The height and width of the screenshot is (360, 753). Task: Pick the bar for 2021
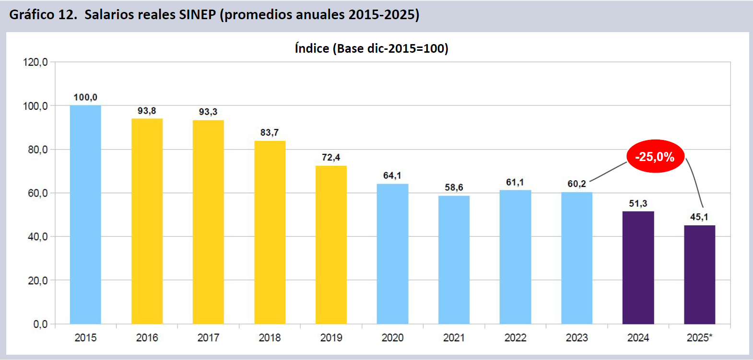point(454,259)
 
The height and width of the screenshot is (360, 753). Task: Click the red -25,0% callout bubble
point(655,157)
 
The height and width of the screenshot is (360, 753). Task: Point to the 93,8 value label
point(147,111)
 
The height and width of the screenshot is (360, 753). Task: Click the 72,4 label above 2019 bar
point(331,157)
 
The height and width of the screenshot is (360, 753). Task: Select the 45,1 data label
point(699,217)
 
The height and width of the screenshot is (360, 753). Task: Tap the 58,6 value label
point(454,187)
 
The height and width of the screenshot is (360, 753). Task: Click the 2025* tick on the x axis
point(699,338)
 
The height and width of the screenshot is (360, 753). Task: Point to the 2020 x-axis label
point(392,338)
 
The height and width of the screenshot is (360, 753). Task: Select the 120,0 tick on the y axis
point(35,62)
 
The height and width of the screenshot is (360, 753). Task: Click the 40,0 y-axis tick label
point(37,237)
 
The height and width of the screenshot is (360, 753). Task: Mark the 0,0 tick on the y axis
point(40,325)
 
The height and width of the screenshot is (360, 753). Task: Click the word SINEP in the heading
point(197,15)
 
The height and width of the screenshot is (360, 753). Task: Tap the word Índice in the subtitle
point(312,48)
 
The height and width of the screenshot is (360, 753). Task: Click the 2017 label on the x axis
point(208,338)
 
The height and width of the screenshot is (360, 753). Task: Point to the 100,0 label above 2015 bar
point(85,97)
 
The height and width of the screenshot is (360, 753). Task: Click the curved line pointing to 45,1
point(696,182)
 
